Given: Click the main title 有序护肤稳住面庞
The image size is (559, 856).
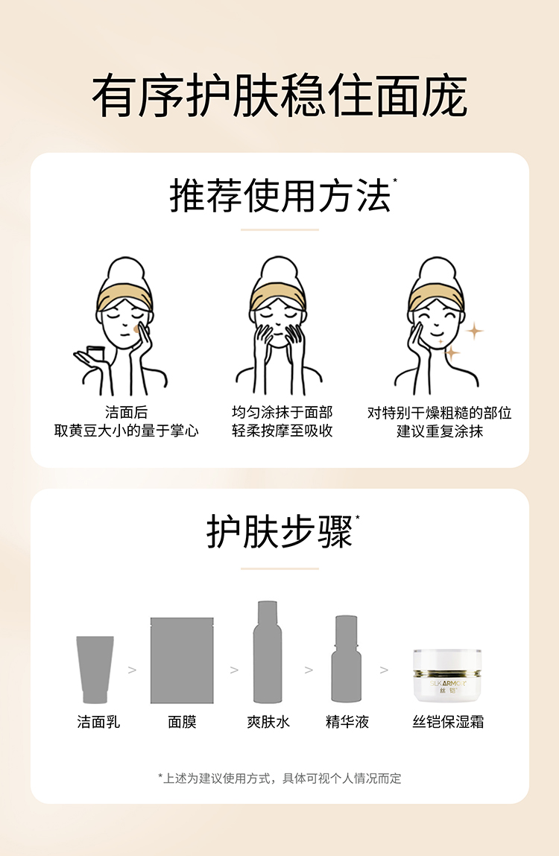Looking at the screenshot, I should pyautogui.click(x=279, y=96).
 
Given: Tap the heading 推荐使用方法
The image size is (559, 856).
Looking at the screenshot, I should pyautogui.click(x=279, y=195).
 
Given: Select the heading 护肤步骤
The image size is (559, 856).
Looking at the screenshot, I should pyautogui.click(x=279, y=532).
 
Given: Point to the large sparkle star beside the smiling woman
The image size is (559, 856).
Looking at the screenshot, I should pyautogui.click(x=474, y=331).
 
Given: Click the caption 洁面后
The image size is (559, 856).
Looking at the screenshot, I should pyautogui.click(x=126, y=412).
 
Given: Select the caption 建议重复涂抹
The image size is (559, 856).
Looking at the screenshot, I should pyautogui.click(x=439, y=431).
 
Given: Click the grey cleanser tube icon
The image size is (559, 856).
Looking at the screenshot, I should pyautogui.click(x=95, y=669).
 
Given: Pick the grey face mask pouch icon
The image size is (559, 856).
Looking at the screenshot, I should pyautogui.click(x=183, y=660).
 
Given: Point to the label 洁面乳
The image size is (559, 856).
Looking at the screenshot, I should pyautogui.click(x=98, y=722).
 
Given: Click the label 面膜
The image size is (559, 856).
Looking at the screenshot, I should pyautogui.click(x=183, y=722).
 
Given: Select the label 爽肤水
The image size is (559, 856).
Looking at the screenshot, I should pyautogui.click(x=268, y=722).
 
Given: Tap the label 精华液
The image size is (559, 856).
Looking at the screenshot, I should pyautogui.click(x=347, y=722).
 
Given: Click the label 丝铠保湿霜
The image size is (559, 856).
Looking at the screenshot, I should pyautogui.click(x=448, y=722).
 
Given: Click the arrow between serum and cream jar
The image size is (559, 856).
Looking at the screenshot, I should pyautogui.click(x=384, y=670).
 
